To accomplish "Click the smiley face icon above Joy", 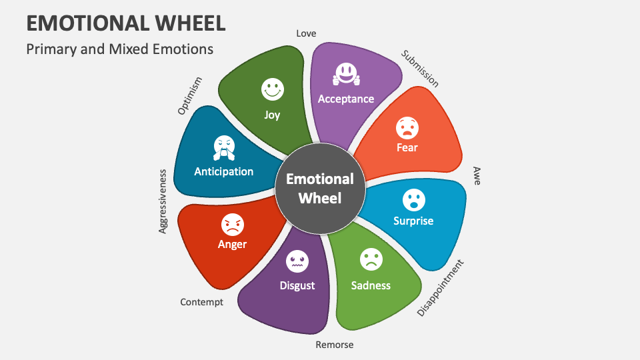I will pos(272,89).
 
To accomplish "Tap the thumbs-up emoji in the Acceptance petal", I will pos(345,74).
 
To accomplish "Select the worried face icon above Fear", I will pos(407,126).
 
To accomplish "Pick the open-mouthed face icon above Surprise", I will pos(413,199).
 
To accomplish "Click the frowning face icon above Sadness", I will pos(371,259).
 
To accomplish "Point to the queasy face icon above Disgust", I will pos(297,261).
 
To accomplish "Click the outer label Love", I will pos(306,33).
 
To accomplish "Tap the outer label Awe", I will pos(477,176).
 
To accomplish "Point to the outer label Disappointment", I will pos(440,287).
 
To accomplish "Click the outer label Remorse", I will pos(335,345).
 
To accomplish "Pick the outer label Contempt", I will pos(201,302).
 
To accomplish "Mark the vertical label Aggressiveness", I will pos(163,201).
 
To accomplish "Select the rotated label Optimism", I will pos(189,96).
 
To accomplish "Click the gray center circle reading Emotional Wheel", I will pos(320,188).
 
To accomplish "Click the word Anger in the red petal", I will pos(232,244).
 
